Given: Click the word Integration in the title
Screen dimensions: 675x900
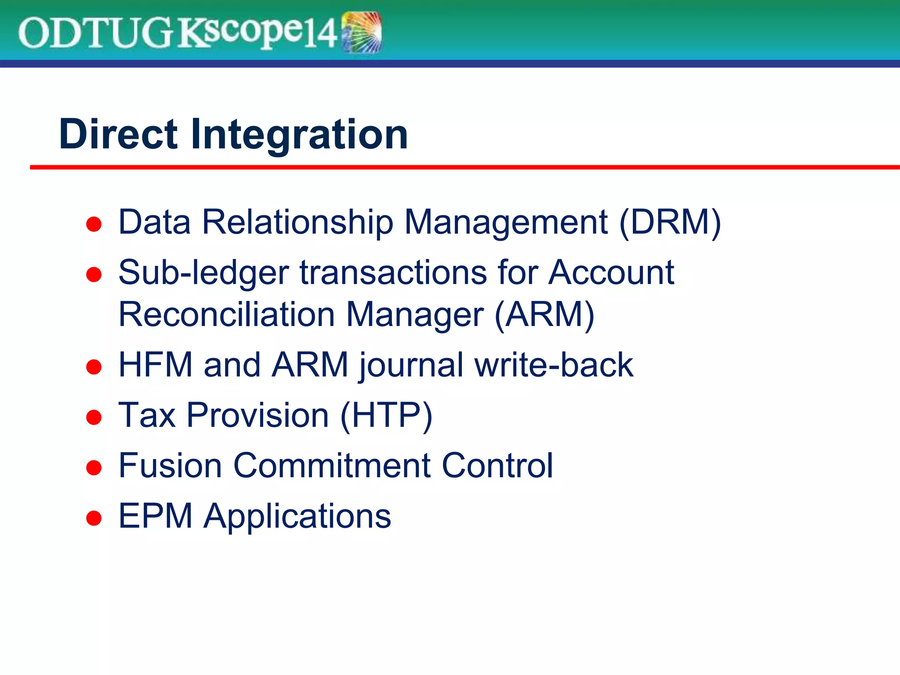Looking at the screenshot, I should [299, 135].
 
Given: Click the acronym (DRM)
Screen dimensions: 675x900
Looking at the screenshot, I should [670, 222].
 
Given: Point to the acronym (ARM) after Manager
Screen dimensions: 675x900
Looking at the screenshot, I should [544, 315].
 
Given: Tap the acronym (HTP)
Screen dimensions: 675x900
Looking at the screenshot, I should [386, 415].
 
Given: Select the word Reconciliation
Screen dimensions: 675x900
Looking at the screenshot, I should [227, 315].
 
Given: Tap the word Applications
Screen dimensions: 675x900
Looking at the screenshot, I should [297, 516].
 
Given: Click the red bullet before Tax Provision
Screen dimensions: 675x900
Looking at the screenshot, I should [94, 417].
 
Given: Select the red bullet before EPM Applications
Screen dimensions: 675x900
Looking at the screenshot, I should [94, 518].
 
